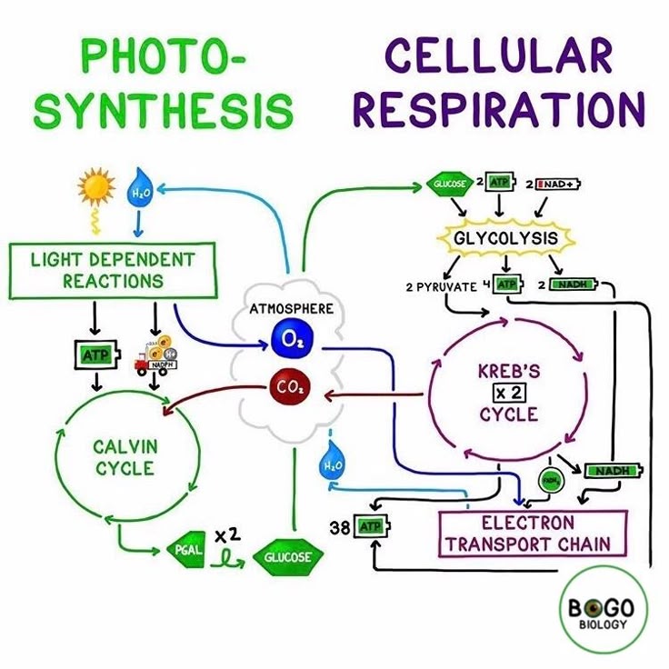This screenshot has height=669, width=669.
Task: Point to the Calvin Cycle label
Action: [x=125, y=457]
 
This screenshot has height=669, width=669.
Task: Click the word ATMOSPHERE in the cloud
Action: [x=291, y=309]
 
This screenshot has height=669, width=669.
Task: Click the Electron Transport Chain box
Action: [x=533, y=534]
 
